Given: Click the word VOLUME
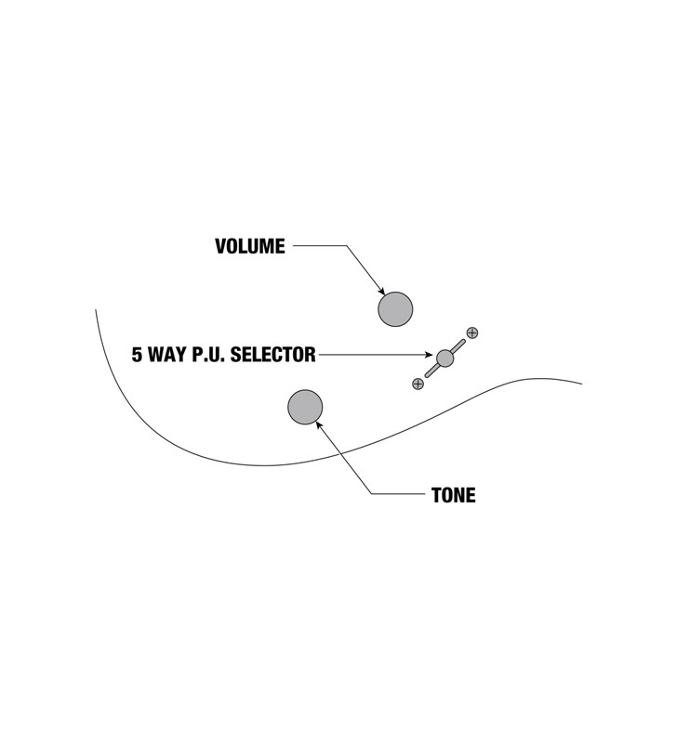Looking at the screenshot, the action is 250,246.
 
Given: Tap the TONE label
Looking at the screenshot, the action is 454,495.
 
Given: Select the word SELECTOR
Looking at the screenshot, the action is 272,355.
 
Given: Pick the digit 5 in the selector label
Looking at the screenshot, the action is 137,355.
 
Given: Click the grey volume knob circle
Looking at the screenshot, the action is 395,309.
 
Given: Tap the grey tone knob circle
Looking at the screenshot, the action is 305,407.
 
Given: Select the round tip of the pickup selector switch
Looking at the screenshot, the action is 445,358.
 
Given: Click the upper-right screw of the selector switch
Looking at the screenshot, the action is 472,332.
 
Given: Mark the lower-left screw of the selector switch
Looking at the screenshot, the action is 418,384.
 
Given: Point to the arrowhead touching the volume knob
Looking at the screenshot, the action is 381,292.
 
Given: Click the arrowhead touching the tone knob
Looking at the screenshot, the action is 319,424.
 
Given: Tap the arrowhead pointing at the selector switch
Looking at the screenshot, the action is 428,355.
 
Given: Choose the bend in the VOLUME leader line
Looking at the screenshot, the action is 347,245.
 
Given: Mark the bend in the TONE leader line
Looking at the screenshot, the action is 371,494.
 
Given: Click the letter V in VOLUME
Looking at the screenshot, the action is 220,246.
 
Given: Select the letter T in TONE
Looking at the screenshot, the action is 436,495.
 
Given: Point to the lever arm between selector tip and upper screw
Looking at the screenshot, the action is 458,345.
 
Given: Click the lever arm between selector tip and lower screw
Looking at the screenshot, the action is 431,371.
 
